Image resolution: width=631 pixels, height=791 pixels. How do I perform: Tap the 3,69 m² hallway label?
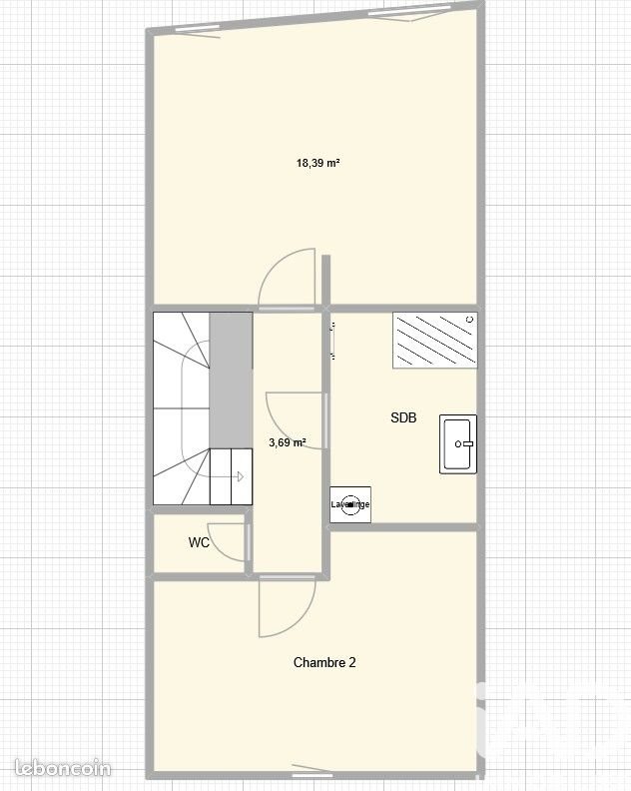point(287,442)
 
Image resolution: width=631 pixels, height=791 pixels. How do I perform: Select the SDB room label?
point(403,418)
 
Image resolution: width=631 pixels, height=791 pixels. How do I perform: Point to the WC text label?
point(199,543)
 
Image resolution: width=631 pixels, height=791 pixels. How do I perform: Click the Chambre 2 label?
point(324,662)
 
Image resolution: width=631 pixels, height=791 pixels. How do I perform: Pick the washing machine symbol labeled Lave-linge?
point(350,504)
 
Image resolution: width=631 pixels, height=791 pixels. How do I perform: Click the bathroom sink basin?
point(458,444)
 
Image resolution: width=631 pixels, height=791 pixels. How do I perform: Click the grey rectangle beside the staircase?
point(231,380)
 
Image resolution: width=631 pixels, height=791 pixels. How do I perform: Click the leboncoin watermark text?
point(57,769)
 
